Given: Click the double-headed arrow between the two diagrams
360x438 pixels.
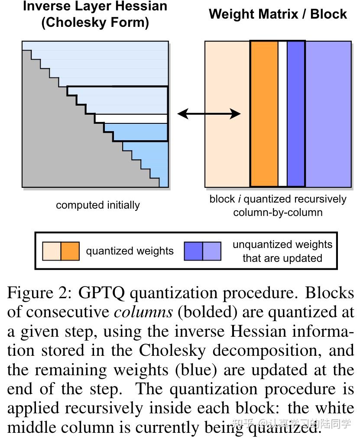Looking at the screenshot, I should click(209, 114).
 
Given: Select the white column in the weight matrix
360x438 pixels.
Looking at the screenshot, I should click(282, 114).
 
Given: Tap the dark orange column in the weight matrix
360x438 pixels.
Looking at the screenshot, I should click(264, 114).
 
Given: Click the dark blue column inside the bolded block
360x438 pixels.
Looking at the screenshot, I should click(296, 114).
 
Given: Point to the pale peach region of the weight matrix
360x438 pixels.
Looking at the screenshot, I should click(227, 114).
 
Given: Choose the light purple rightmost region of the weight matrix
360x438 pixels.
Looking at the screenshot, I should click(328, 114).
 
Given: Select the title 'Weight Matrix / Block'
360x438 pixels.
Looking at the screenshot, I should click(278, 14).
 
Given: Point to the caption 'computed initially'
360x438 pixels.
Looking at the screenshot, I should click(98, 205).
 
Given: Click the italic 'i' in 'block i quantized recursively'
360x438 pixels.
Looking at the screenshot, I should click(240, 199).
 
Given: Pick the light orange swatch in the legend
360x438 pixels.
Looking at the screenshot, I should click(52, 251).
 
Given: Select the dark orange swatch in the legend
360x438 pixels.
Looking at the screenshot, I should click(70, 251).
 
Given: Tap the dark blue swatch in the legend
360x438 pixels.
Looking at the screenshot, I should click(193, 251).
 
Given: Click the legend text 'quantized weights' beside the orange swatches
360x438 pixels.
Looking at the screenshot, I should click(130, 251).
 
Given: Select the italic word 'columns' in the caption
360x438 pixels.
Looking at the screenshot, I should click(143, 312).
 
